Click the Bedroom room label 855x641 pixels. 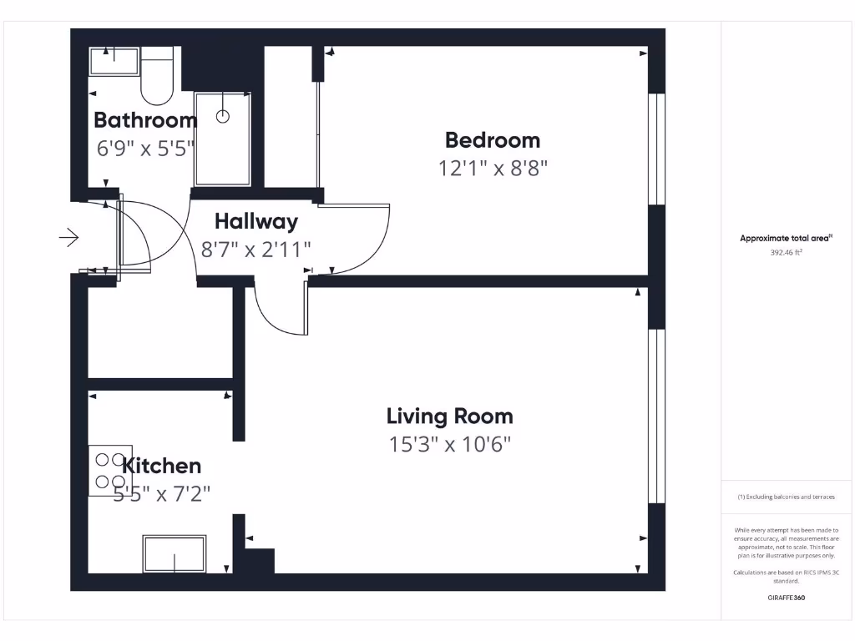492,140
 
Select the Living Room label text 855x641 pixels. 449,416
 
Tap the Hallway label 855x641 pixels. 255,222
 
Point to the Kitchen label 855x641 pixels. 162,466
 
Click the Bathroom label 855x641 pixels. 145,120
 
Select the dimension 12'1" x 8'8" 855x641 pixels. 492,169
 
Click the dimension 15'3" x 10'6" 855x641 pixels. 449,444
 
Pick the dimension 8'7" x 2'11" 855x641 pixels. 255,249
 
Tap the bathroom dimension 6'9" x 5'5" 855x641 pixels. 145,149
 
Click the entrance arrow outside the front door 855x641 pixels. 68,239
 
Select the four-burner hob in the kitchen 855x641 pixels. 109,470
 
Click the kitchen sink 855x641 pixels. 174,554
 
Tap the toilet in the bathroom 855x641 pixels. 155,75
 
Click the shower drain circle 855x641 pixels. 223,117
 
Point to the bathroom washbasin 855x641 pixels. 114,61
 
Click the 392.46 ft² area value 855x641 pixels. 786,251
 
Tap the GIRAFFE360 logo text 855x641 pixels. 786,598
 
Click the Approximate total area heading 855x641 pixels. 786,239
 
